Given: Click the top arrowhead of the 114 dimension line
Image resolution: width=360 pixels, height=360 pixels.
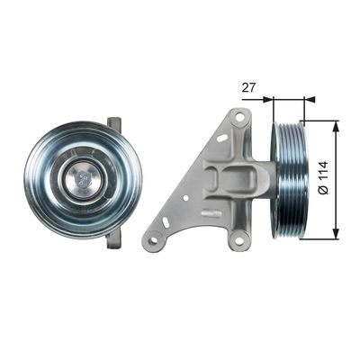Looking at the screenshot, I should [337, 124].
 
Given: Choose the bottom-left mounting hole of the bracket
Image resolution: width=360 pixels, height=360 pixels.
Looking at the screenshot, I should [154, 240].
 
